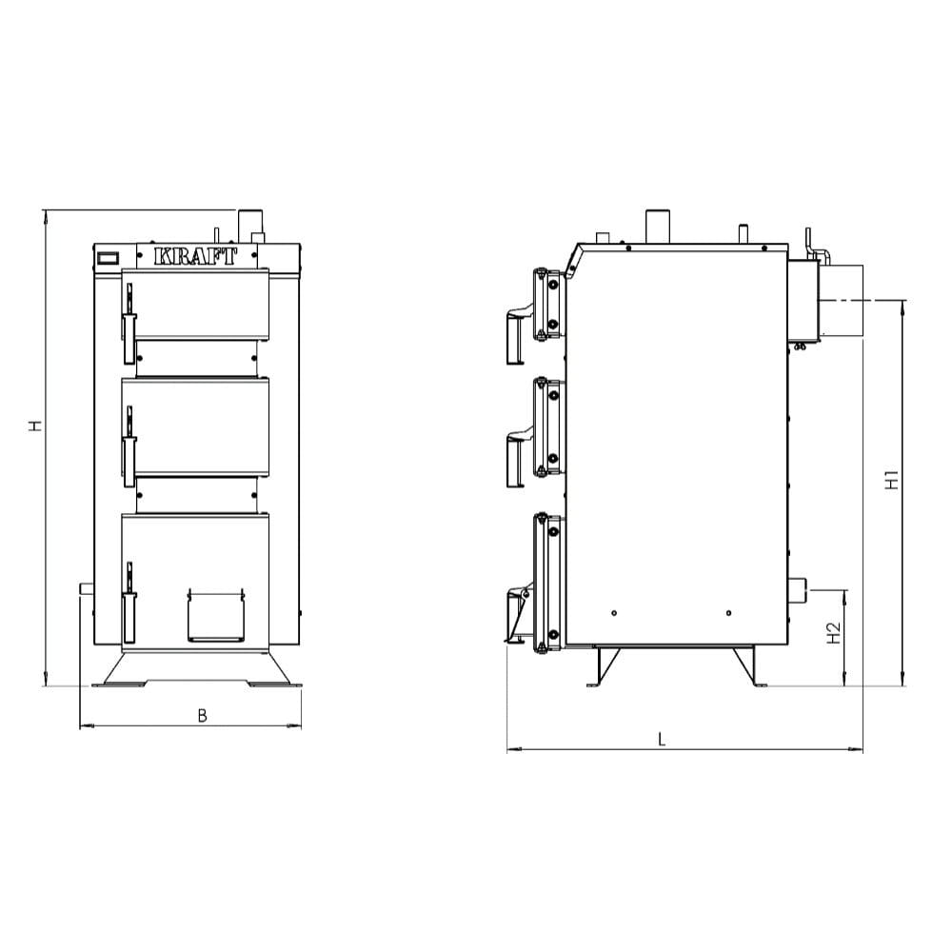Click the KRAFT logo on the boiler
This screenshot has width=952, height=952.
pyautogui.click(x=195, y=256)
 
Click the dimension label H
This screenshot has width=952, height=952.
pyautogui.click(x=36, y=426)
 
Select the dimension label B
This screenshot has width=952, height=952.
pyautogui.click(x=202, y=716)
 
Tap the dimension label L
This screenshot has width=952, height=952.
pyautogui.click(x=662, y=739)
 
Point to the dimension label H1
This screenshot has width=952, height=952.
pyautogui.click(x=891, y=480)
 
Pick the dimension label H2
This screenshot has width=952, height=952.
pyautogui.click(x=834, y=633)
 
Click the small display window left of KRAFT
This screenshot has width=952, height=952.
pyautogui.click(x=109, y=257)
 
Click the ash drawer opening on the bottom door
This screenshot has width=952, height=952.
pyautogui.click(x=215, y=614)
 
